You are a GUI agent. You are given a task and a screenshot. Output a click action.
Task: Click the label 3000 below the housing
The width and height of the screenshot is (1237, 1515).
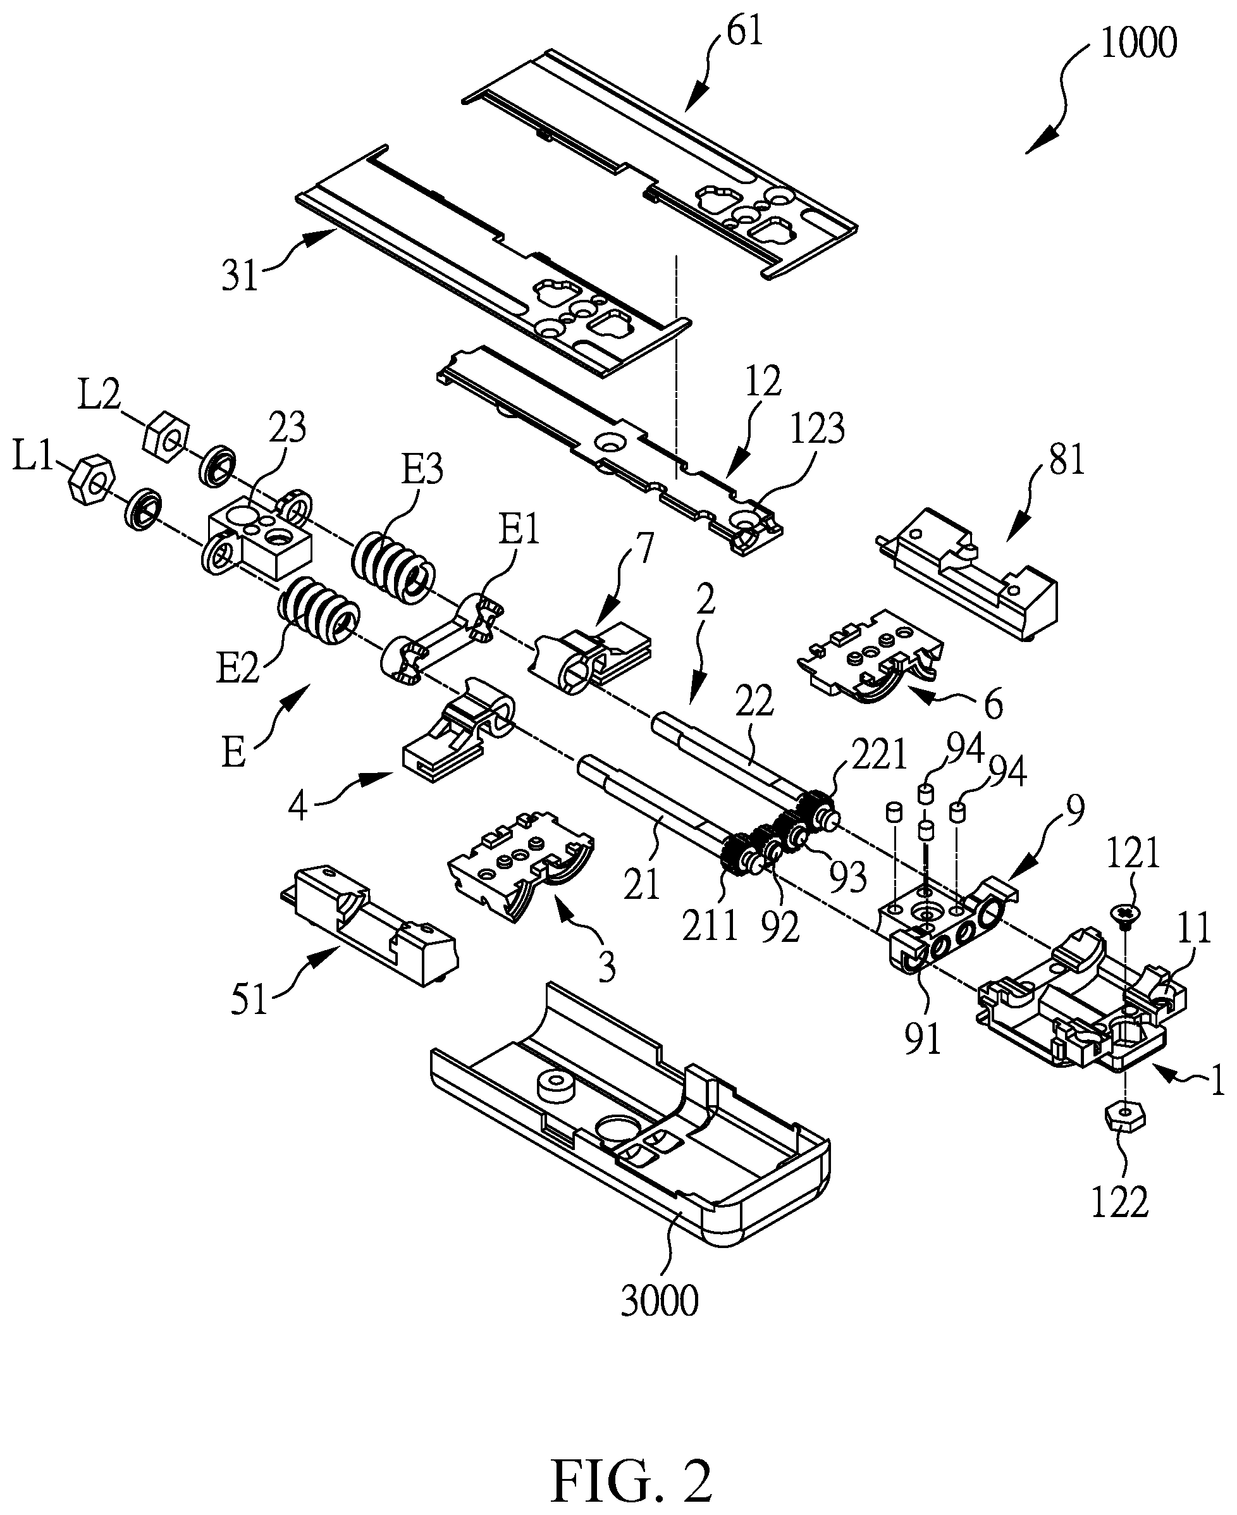[660, 1301]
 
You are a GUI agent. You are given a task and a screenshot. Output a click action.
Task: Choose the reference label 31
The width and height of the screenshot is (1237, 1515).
[240, 276]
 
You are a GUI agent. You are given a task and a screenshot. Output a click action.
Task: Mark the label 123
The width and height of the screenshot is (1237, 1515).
[816, 429]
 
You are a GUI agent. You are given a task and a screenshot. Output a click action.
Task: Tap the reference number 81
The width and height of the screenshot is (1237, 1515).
[1066, 460]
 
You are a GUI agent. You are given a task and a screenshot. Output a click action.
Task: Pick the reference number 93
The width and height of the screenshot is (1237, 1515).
[848, 877]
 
